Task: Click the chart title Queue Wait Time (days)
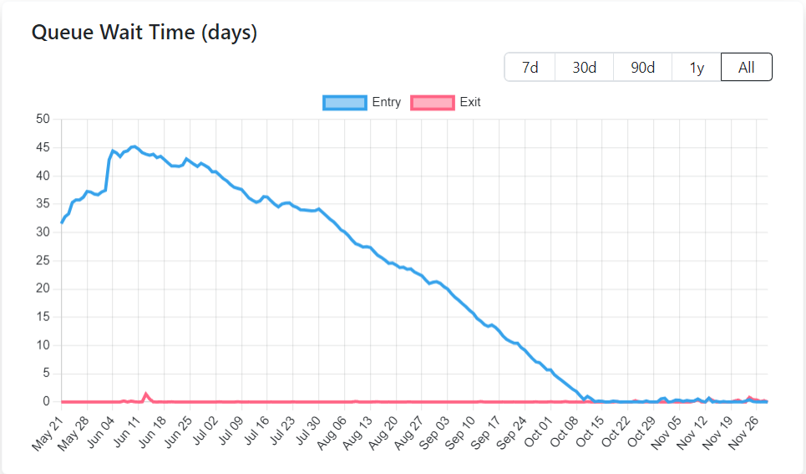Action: tap(144, 33)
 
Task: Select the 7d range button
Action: tap(530, 68)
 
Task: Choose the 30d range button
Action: tap(584, 68)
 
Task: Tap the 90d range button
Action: tap(642, 68)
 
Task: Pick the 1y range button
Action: tap(697, 68)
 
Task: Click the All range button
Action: tap(747, 68)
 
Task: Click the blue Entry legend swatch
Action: tap(344, 103)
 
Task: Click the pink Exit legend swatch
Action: tap(433, 103)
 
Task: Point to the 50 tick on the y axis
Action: tap(43, 120)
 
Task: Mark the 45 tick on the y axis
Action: tap(43, 148)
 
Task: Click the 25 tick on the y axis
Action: tap(43, 261)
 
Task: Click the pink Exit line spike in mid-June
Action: tap(146, 393)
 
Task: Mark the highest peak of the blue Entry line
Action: tap(134, 146)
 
